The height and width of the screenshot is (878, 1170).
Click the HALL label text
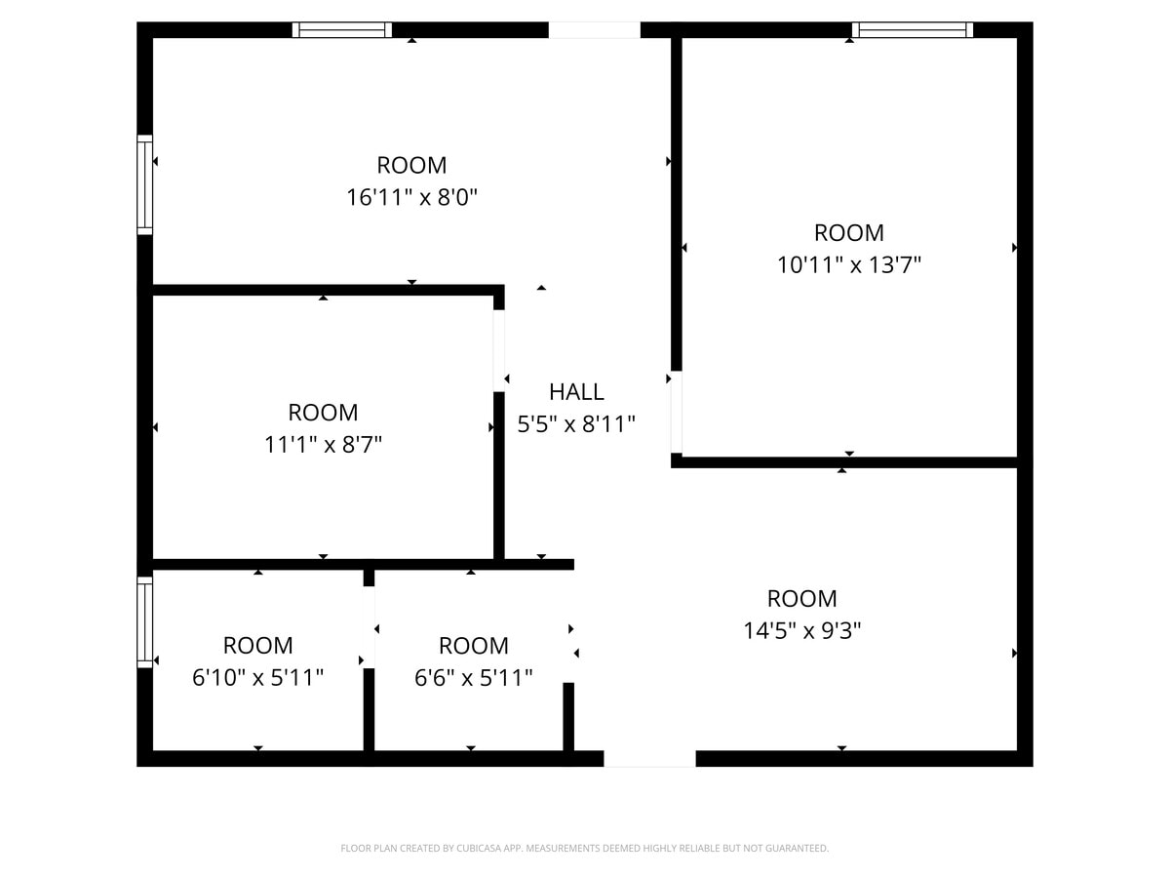click(576, 392)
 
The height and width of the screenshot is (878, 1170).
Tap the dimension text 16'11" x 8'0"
click(411, 198)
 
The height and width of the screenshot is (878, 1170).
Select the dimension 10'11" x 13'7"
click(849, 264)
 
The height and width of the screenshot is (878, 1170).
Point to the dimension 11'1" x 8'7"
click(323, 445)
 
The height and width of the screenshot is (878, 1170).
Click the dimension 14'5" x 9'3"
click(801, 630)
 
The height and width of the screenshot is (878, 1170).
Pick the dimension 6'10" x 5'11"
click(257, 677)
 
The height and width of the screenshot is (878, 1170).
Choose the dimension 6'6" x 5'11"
click(473, 677)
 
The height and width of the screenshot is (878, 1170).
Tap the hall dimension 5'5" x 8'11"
click(576, 424)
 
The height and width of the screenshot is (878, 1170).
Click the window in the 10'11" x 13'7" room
click(912, 30)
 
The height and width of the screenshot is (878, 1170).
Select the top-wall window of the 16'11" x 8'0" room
click(342, 30)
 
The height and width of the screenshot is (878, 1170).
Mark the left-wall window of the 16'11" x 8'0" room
click(144, 184)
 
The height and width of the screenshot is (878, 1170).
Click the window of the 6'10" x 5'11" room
click(144, 621)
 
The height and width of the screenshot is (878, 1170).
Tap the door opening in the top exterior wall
click(594, 30)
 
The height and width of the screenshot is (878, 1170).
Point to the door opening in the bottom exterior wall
click(649, 759)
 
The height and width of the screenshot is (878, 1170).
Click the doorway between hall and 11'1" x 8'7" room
click(498, 350)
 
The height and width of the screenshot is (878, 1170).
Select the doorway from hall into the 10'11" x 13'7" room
click(676, 412)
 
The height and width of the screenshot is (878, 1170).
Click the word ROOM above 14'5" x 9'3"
click(801, 599)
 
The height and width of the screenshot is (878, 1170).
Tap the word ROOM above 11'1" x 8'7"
click(323, 413)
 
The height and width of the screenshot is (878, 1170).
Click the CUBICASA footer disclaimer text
click(585, 849)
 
